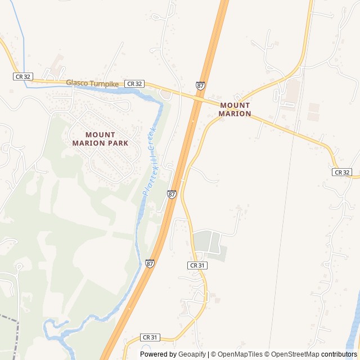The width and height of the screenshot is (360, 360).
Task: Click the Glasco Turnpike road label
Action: pos(92,83)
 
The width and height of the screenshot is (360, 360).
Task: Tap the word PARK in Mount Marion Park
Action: pos(117,143)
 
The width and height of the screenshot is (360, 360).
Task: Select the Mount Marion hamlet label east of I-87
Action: pos(235,109)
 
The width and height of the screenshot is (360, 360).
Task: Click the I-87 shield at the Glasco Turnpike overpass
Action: pos(201,85)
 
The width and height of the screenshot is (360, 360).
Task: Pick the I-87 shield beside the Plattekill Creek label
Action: pos(172,194)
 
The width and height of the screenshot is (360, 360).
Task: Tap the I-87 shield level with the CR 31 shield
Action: pos(150,263)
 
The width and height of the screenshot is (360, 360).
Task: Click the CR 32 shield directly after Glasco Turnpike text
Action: pos(134,83)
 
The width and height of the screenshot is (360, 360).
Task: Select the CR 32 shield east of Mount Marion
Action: pos(342,172)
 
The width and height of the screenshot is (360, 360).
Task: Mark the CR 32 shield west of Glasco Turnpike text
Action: pos(22,76)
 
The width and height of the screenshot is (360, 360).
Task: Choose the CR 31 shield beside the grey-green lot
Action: pos(197,265)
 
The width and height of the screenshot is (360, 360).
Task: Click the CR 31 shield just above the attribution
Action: pos(151,337)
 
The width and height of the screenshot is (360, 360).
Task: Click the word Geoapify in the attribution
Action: pos(192,354)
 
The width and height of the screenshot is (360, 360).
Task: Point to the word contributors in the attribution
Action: pos(339,354)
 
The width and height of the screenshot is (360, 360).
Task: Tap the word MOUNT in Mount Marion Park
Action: pos(100,135)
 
